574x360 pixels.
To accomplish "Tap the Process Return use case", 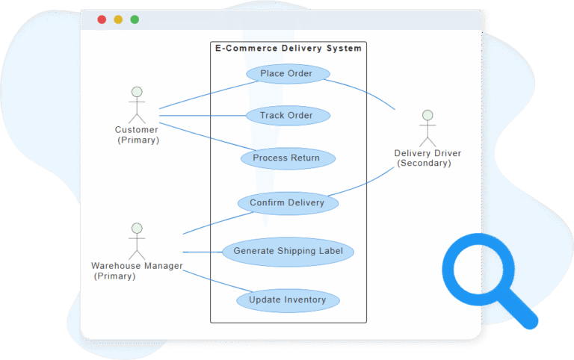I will coord(286,158).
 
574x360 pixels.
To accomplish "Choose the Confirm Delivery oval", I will coord(287,202).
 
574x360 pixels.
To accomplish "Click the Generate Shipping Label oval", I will coord(288,251).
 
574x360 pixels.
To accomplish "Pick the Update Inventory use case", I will coord(288,300).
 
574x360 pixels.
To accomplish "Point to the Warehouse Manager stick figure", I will coord(136,240).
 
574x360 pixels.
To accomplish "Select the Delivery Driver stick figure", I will coord(427,128).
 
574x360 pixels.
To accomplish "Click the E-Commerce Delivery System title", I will coord(288,49).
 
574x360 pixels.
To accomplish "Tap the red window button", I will coord(102,19).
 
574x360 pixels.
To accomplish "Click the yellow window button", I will coord(118,19).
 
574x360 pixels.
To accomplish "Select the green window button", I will coord(135,19).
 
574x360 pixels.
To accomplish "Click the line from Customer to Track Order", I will coord(202,116).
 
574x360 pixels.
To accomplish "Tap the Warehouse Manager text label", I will coord(136,266).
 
